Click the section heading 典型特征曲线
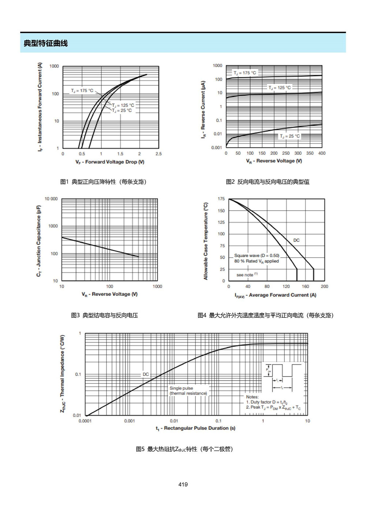[46, 43]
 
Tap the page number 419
[183, 484]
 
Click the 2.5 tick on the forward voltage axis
[158, 154]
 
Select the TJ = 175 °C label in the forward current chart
[82, 90]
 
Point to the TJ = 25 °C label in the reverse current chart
[290, 136]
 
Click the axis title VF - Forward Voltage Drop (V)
[110, 162]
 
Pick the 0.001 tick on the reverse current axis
[217, 148]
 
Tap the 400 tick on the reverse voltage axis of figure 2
[322, 153]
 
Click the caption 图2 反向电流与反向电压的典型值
[268, 182]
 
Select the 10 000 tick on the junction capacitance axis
[51, 199]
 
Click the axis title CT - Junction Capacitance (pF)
[38, 241]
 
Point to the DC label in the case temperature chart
[296, 240]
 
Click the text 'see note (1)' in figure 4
[247, 274]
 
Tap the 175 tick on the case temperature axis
[221, 199]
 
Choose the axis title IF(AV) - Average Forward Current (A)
[276, 295]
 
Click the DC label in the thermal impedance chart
[146, 374]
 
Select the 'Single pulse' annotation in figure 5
[181, 388]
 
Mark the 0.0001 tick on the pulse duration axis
[85, 421]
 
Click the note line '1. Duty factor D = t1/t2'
[267, 402]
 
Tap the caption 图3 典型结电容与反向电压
[104, 315]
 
